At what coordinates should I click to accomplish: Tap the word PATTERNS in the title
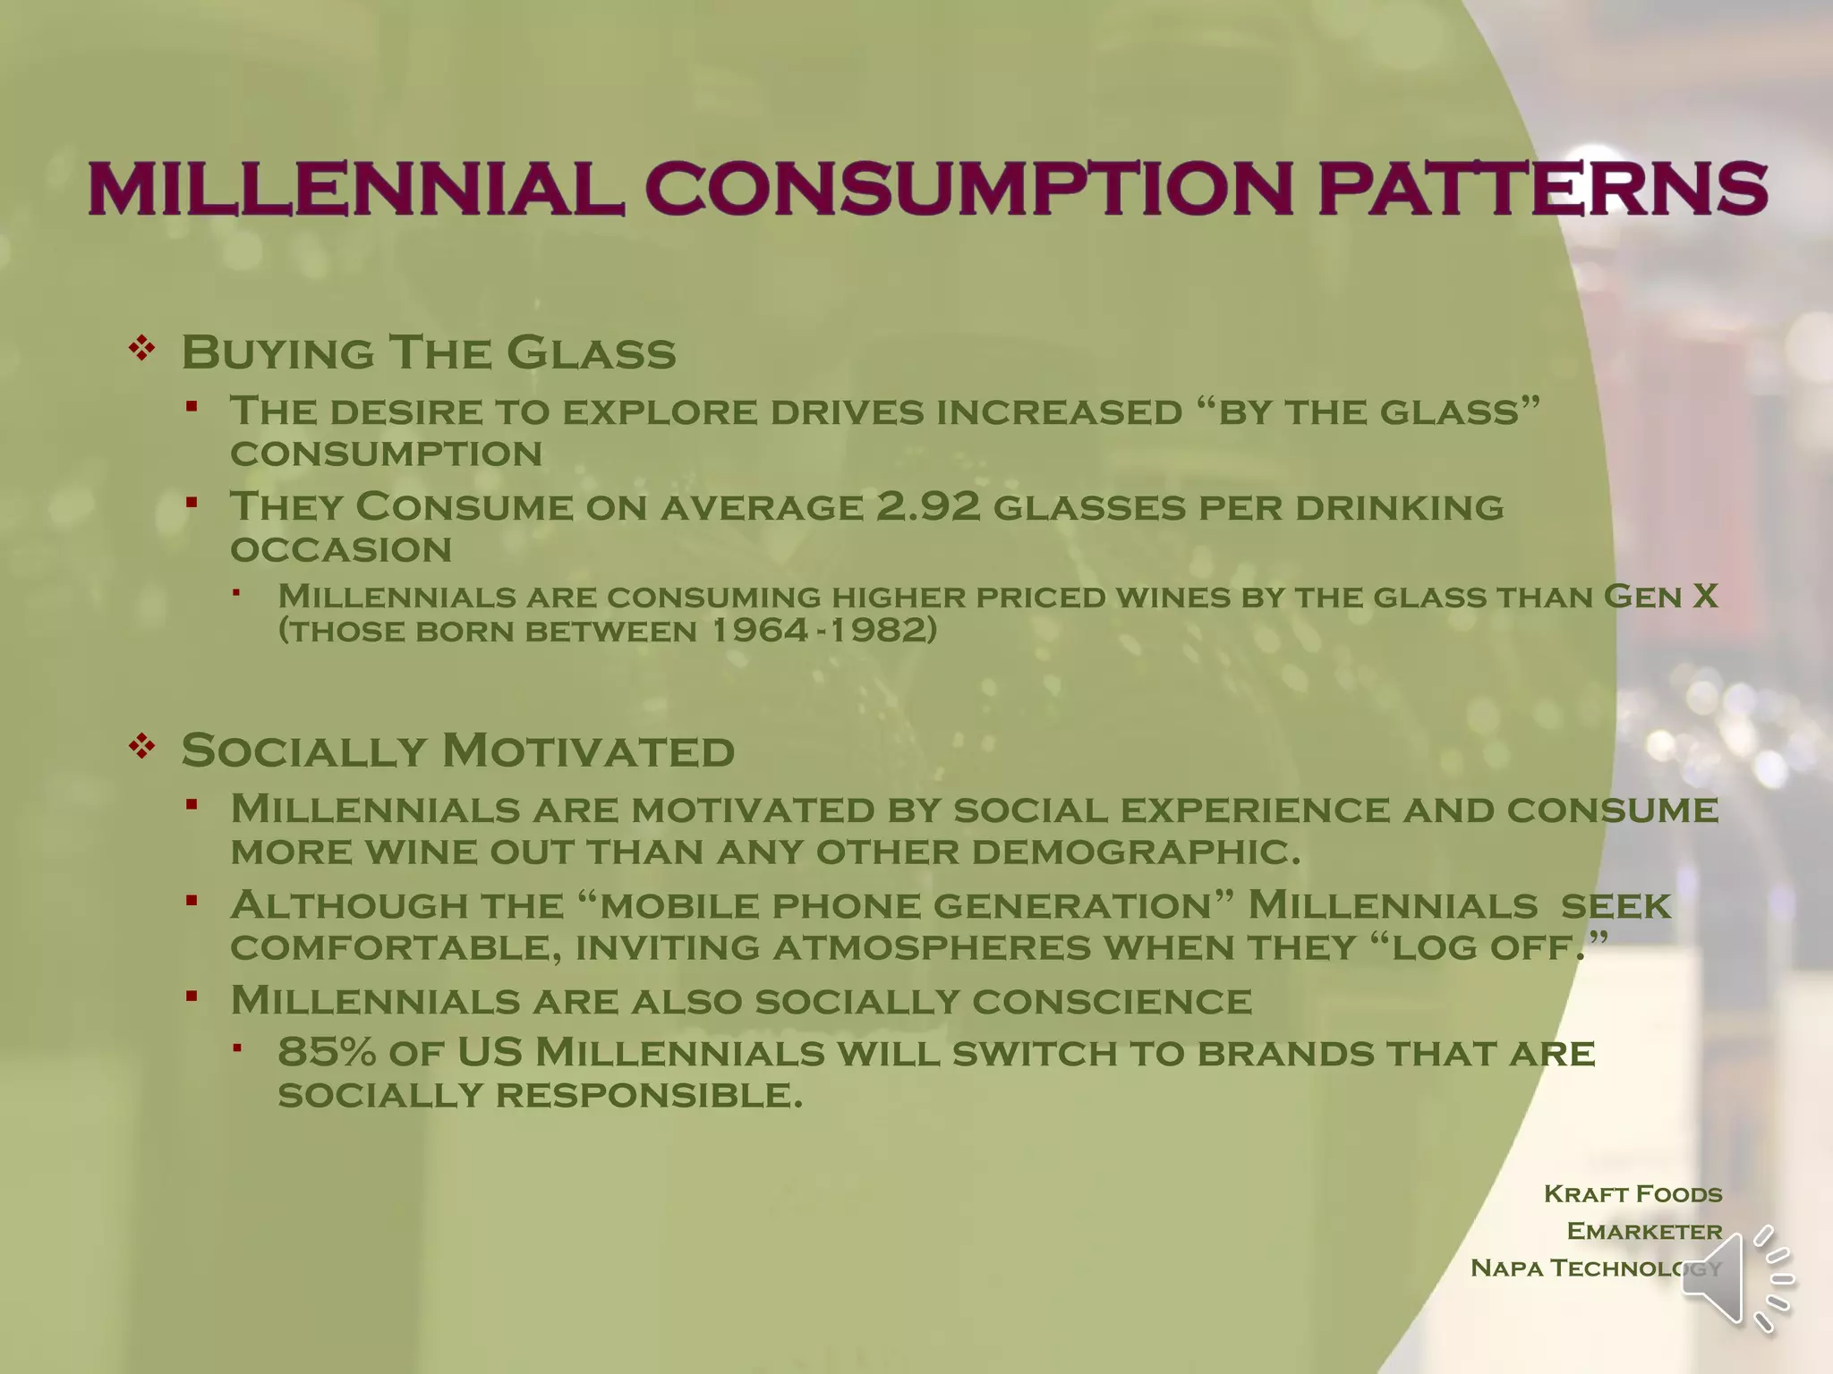click(x=1542, y=189)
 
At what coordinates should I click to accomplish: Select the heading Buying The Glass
click(x=429, y=352)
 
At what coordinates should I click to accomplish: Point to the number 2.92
click(x=928, y=506)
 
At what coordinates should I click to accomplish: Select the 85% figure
click(x=327, y=1052)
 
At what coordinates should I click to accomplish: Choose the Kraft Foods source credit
click(x=1633, y=1193)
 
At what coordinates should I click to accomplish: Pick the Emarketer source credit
click(x=1644, y=1231)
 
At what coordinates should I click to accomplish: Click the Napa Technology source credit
click(x=1595, y=1268)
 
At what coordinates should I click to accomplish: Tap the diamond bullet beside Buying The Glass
click(x=142, y=348)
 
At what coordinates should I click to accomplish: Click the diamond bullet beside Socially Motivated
click(x=142, y=745)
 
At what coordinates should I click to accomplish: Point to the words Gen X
click(x=1660, y=596)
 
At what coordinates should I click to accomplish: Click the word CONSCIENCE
click(x=1112, y=1001)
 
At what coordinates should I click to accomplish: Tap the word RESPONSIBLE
click(x=649, y=1095)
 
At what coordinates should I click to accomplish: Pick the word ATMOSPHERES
click(x=932, y=947)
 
